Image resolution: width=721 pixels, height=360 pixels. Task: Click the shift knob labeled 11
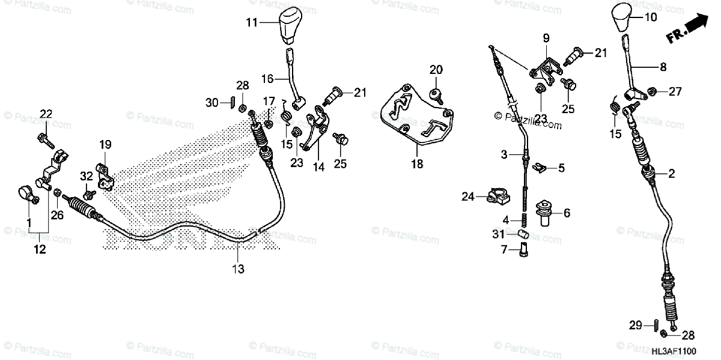point(291,25)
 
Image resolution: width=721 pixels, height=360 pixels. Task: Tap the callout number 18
point(418,163)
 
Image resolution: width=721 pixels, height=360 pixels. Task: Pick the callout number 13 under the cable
point(239,270)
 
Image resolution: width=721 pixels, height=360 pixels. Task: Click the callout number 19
point(105,144)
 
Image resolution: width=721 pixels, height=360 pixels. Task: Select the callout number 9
point(546,38)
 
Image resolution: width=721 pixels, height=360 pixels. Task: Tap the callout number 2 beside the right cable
point(672,174)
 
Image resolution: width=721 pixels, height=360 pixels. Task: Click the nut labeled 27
point(654,92)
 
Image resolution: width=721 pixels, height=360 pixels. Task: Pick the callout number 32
point(87,176)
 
